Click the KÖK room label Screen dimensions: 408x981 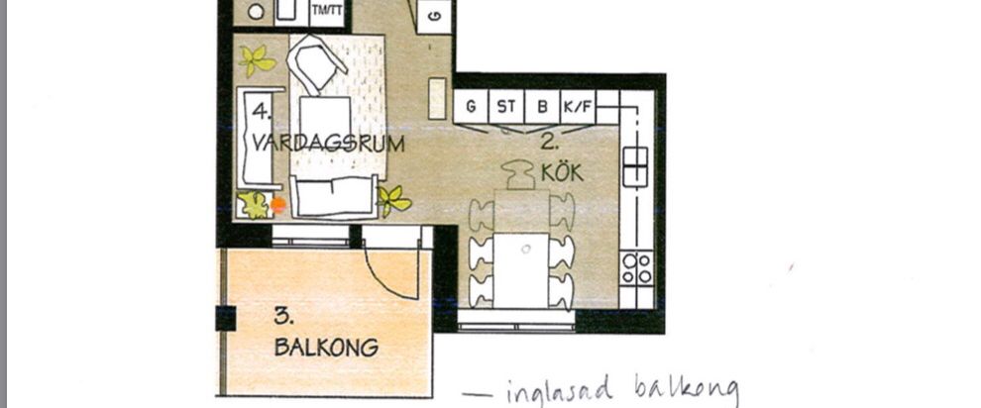(x=562, y=172)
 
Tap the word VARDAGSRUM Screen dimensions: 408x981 (x=328, y=143)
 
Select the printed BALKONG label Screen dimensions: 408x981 (x=327, y=348)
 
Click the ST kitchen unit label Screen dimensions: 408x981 (x=506, y=106)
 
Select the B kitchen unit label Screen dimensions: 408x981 (x=541, y=106)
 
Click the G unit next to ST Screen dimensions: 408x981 (x=471, y=106)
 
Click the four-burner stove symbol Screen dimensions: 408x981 (x=636, y=267)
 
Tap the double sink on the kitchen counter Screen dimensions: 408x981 (x=635, y=165)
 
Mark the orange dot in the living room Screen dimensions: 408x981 (x=278, y=205)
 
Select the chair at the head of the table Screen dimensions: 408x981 (x=522, y=176)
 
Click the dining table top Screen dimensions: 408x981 (x=521, y=269)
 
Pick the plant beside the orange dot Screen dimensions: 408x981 (x=255, y=205)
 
